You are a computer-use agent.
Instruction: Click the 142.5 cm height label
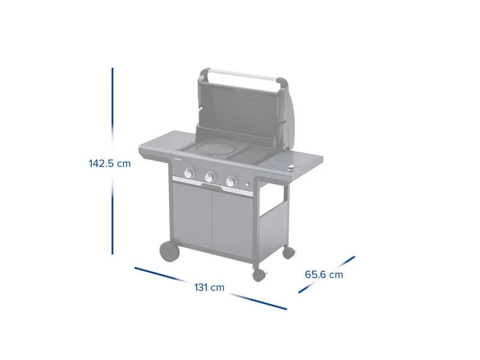click(x=110, y=163)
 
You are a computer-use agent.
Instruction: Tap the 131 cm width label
click(x=209, y=287)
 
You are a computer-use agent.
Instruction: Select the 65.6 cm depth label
click(x=324, y=274)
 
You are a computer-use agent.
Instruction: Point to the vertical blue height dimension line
click(x=112, y=161)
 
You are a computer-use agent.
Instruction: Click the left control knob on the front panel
click(x=190, y=173)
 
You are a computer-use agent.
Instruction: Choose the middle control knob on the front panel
click(x=210, y=177)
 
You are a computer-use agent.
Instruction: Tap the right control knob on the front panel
click(x=232, y=181)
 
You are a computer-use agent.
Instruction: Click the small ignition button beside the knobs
click(x=247, y=185)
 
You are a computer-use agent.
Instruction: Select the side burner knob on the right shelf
click(x=292, y=168)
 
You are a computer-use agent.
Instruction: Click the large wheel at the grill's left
click(x=169, y=251)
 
